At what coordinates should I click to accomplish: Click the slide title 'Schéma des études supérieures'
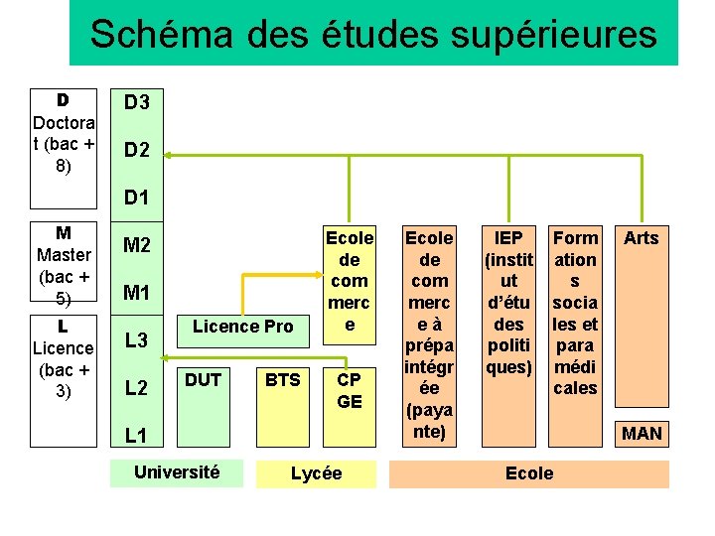coord(373,34)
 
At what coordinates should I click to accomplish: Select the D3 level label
coord(136,102)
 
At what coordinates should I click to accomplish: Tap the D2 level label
coord(136,151)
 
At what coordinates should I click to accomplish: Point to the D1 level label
coord(136,198)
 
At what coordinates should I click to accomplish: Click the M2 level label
coord(136,245)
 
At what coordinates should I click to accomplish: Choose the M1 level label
coord(136,293)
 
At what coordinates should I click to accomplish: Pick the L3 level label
coord(136,340)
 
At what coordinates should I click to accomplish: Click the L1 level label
coord(136,436)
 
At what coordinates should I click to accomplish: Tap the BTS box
coord(283,380)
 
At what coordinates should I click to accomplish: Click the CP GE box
coord(350,390)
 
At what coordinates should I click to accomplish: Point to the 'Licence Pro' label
coord(242,326)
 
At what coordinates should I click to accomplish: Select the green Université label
coord(178,471)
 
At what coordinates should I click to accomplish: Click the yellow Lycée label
coord(317,473)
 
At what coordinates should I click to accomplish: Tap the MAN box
coord(642,433)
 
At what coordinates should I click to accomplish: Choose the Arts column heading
coord(641,238)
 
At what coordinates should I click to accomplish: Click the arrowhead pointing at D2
coord(168,155)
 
